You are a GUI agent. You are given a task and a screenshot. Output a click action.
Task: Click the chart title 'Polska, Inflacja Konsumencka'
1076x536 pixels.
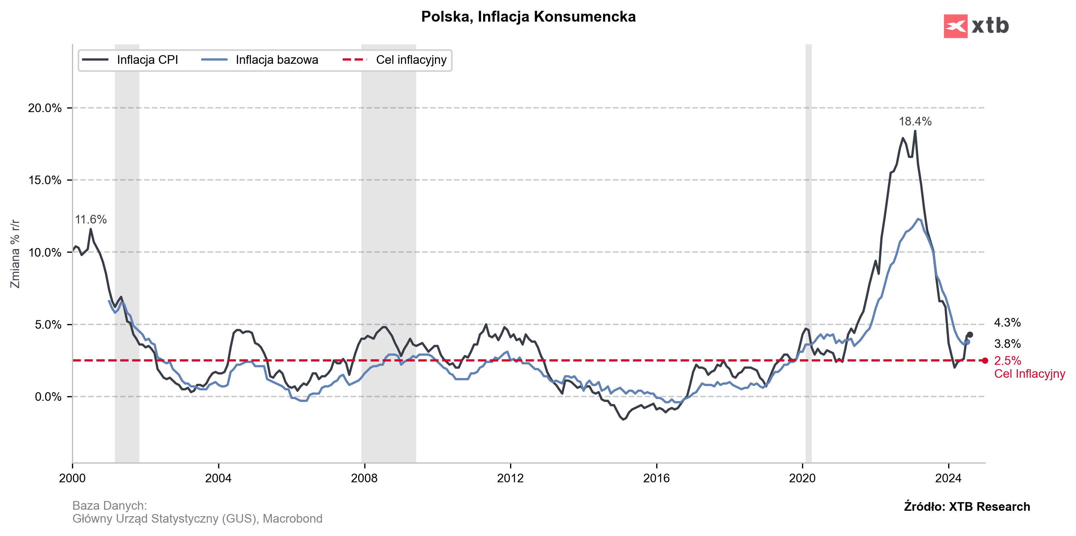pyautogui.click(x=528, y=17)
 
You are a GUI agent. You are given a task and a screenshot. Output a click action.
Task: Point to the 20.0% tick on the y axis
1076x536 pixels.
pyautogui.click(x=45, y=108)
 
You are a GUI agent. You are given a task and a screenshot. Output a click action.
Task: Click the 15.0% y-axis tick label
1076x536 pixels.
pyautogui.click(x=45, y=180)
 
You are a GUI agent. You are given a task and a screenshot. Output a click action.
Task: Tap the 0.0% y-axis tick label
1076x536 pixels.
pyautogui.click(x=48, y=397)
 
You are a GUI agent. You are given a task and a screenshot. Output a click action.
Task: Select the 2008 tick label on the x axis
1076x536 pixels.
pyautogui.click(x=364, y=478)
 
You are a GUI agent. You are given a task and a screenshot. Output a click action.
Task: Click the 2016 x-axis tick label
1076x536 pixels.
pyautogui.click(x=656, y=478)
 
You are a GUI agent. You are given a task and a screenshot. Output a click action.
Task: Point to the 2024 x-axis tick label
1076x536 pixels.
pyautogui.click(x=948, y=478)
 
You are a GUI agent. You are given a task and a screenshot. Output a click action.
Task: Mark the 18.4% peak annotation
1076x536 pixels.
pyautogui.click(x=915, y=122)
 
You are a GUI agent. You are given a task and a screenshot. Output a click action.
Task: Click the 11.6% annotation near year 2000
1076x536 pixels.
pyautogui.click(x=91, y=220)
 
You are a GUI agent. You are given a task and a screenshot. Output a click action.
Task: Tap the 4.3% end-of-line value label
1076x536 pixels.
pyautogui.click(x=1007, y=323)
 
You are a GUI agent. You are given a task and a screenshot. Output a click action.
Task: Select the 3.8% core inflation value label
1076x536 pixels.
pyautogui.click(x=1007, y=344)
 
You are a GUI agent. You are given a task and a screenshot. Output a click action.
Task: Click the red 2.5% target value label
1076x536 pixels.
pyautogui.click(x=1007, y=361)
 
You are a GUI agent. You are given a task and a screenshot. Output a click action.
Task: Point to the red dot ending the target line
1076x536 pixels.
pyautogui.click(x=985, y=361)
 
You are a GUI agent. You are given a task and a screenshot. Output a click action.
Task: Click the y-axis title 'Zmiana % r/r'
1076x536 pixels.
pyautogui.click(x=15, y=253)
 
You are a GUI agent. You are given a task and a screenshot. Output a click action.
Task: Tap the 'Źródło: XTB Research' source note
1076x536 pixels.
pyautogui.click(x=967, y=507)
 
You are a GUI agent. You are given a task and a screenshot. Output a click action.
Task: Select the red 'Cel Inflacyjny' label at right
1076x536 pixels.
pyautogui.click(x=1029, y=374)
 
